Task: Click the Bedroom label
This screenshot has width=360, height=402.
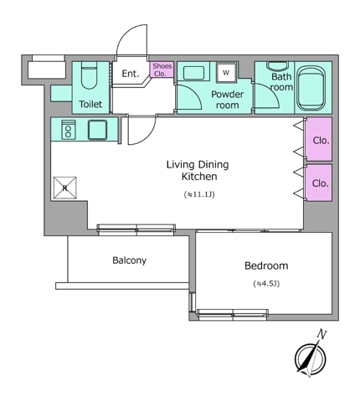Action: pyautogui.click(x=266, y=265)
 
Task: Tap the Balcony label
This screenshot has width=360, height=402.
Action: pyautogui.click(x=130, y=260)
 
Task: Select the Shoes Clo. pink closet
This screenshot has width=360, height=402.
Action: pyautogui.click(x=162, y=70)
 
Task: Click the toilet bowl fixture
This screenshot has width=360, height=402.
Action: pyautogui.click(x=90, y=75)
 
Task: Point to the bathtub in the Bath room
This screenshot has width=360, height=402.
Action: pyautogui.click(x=311, y=88)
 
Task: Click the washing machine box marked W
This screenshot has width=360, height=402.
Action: pyautogui.click(x=226, y=72)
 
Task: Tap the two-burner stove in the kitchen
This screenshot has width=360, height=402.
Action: pyautogui.click(x=69, y=130)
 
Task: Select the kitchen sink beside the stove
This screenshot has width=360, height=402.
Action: pyautogui.click(x=97, y=130)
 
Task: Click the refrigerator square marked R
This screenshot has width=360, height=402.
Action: pyautogui.click(x=65, y=188)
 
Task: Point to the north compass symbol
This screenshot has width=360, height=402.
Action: pyautogui.click(x=310, y=358)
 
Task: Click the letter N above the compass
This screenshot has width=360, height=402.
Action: pyautogui.click(x=321, y=334)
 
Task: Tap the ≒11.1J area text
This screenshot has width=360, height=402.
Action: pyautogui.click(x=199, y=194)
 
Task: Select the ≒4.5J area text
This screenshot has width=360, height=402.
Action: pyautogui.click(x=266, y=284)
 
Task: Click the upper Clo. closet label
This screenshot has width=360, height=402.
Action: pyautogui.click(x=321, y=141)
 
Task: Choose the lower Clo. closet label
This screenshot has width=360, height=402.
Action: pyautogui.click(x=321, y=183)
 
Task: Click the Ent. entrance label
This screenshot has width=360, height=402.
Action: pyautogui.click(x=131, y=74)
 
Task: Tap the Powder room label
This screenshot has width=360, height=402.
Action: pyautogui.click(x=227, y=100)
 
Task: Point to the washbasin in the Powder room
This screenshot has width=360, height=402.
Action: pyautogui.click(x=193, y=73)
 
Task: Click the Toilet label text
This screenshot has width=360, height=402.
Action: pyautogui.click(x=90, y=104)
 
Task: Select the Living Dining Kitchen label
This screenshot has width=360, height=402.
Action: pyautogui.click(x=198, y=170)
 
